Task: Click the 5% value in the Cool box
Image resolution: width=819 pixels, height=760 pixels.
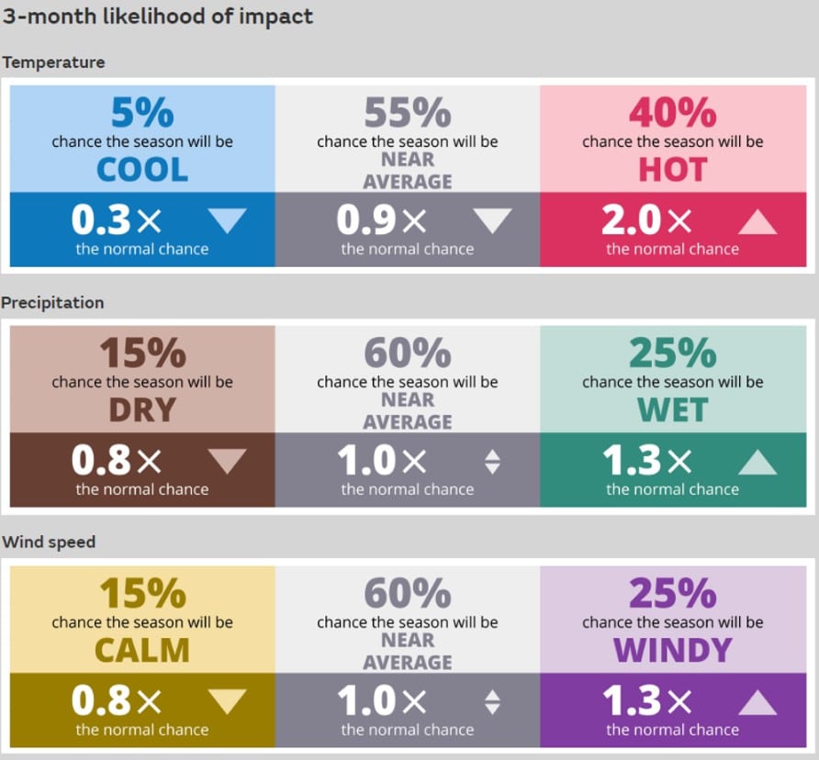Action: pyautogui.click(x=142, y=112)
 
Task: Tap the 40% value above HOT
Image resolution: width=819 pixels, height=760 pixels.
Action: pyautogui.click(x=673, y=112)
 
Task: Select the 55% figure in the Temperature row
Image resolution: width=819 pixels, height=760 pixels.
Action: pyautogui.click(x=408, y=112)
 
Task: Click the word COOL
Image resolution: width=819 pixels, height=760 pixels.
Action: pyautogui.click(x=142, y=170)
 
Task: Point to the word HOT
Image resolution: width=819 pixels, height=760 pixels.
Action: pyautogui.click(x=673, y=170)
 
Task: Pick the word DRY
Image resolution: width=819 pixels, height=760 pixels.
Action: pyautogui.click(x=142, y=410)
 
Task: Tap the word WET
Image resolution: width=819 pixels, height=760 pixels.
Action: pyautogui.click(x=673, y=410)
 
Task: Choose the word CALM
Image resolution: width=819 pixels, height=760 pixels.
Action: pyautogui.click(x=142, y=650)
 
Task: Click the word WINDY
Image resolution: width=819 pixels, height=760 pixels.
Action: pyautogui.click(x=673, y=650)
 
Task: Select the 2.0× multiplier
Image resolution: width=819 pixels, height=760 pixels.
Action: pyautogui.click(x=646, y=220)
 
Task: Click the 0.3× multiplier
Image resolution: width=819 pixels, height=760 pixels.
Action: pyautogui.click(x=117, y=220)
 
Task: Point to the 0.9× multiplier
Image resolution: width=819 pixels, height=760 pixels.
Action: pyautogui.click(x=381, y=220)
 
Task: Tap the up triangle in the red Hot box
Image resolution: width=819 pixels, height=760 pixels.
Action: pyautogui.click(x=757, y=222)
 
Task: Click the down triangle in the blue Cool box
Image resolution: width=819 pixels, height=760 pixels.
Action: pyautogui.click(x=227, y=220)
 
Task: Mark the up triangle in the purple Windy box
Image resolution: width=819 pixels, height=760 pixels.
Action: pyautogui.click(x=757, y=702)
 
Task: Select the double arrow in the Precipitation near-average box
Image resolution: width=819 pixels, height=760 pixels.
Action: pyautogui.click(x=492, y=462)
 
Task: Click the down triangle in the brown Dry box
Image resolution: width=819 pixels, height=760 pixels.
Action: pyautogui.click(x=227, y=460)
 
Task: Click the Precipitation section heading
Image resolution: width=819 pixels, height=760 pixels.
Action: pyautogui.click(x=52, y=303)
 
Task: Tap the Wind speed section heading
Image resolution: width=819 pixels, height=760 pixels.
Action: pyautogui.click(x=49, y=542)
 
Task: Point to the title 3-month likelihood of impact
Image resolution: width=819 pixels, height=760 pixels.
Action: pyautogui.click(x=158, y=17)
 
